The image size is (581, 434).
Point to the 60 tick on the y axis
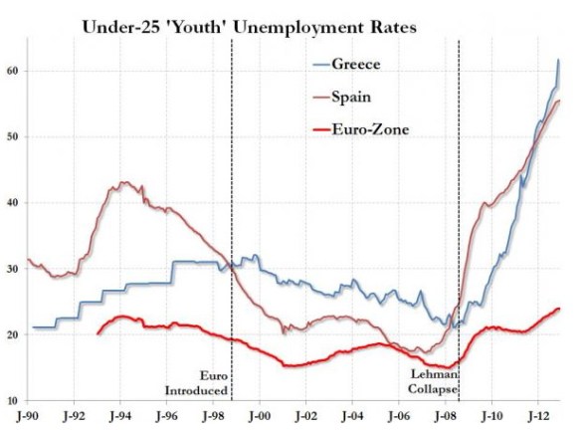pyautogui.click(x=13, y=71)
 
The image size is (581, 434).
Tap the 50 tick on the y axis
pyautogui.click(x=13, y=136)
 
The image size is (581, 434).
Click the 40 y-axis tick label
pyautogui.click(x=13, y=203)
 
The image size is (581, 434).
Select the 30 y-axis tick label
pyautogui.click(x=13, y=269)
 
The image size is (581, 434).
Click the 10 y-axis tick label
pyautogui.click(x=13, y=401)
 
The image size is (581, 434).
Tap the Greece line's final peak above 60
pyautogui.click(x=558, y=61)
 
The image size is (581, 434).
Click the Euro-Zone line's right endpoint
pyautogui.click(x=559, y=309)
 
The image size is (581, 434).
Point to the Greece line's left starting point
pyautogui.click(x=33, y=327)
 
